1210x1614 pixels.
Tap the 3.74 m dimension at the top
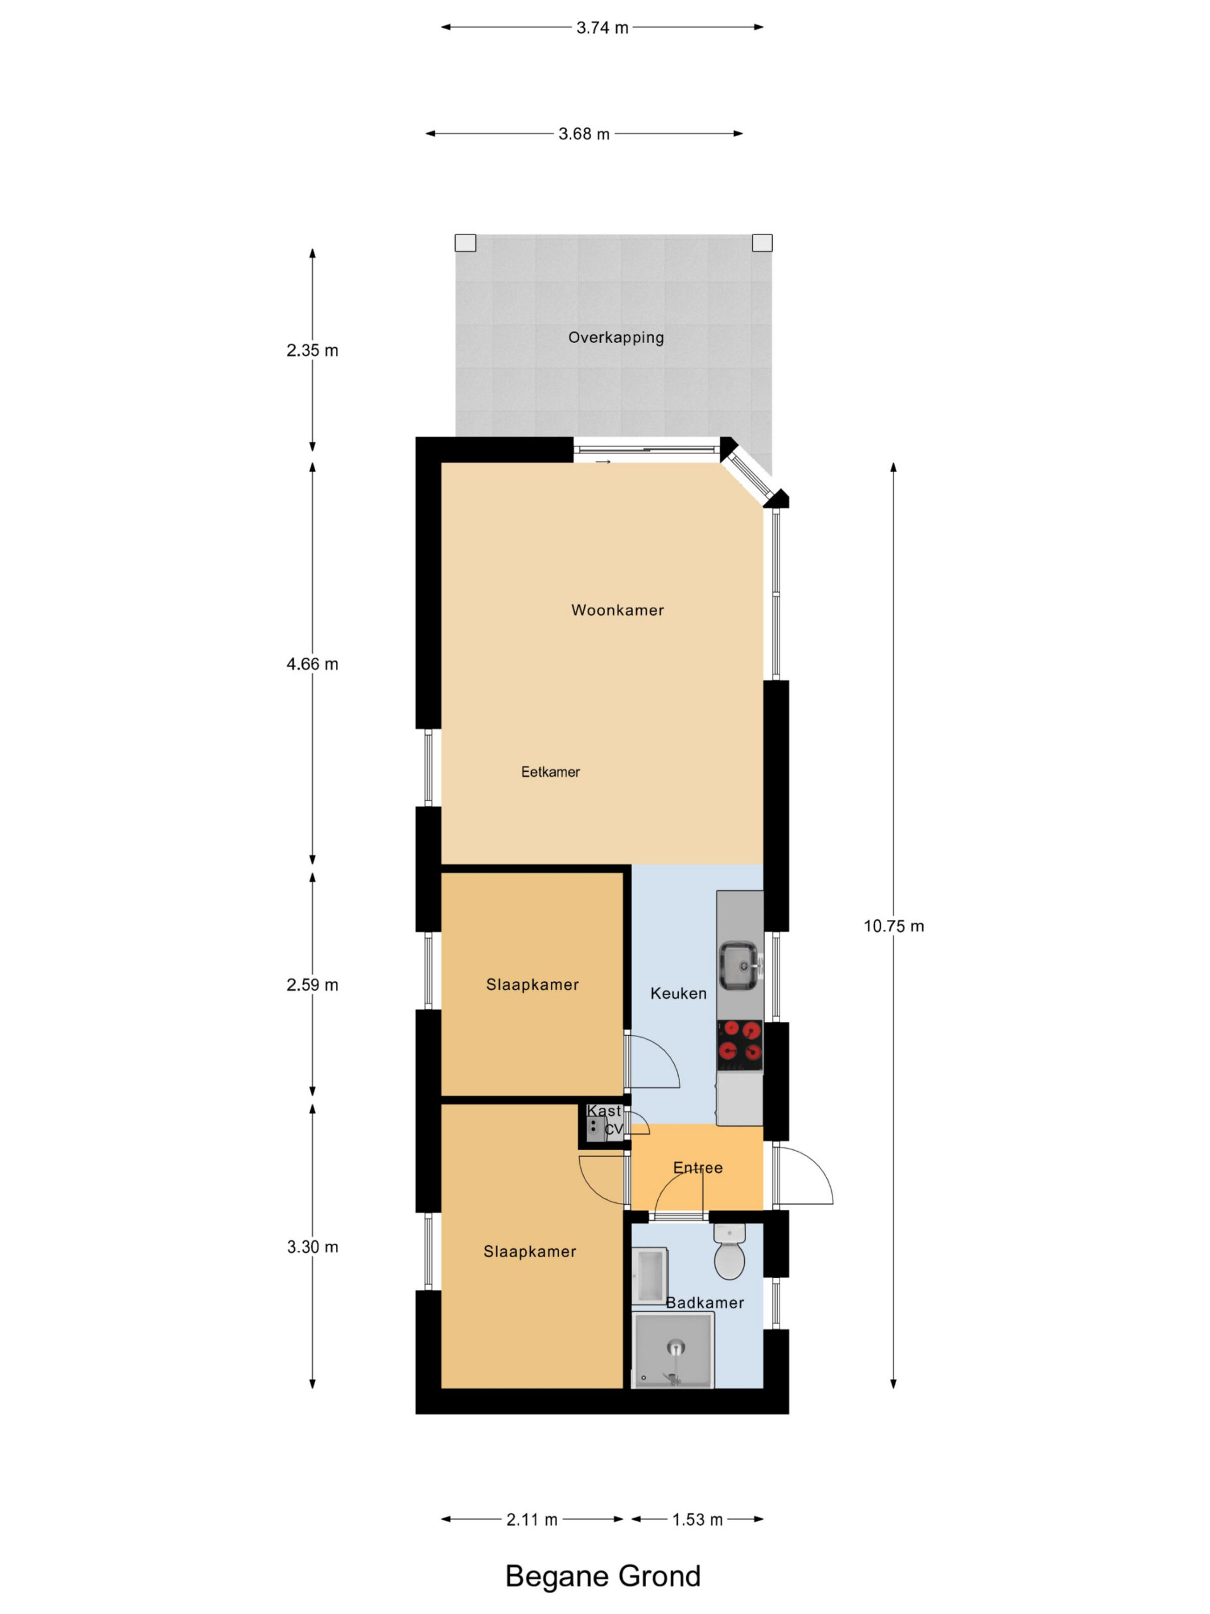click(602, 28)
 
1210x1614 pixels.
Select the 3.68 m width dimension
click(584, 134)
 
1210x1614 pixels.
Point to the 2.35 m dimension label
click(312, 351)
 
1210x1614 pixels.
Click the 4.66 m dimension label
click(312, 664)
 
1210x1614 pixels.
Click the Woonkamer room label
click(618, 610)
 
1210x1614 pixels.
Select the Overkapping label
click(616, 338)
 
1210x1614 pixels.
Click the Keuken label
click(678, 993)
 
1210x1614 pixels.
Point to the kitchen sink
click(740, 966)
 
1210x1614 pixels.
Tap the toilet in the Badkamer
click(729, 1251)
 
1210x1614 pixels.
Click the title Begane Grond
click(603, 1576)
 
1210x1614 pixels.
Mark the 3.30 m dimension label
click(312, 1247)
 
